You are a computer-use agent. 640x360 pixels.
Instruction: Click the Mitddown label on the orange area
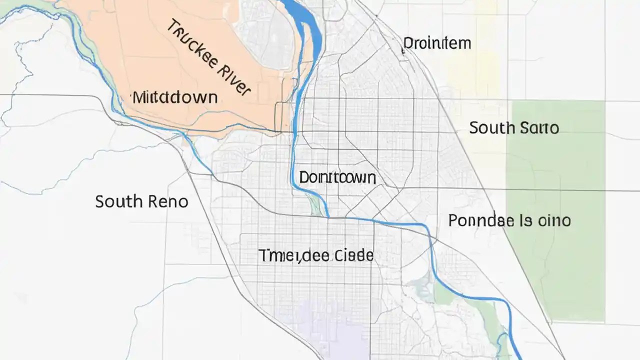coord(175,97)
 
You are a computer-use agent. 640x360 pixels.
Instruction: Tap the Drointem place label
coord(437,43)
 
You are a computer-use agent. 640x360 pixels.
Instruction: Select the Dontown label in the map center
coord(337,177)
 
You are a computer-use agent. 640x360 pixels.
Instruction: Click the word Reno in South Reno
coord(167,202)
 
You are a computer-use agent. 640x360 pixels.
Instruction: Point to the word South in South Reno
coord(118,202)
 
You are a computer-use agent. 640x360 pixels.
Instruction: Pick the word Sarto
coord(539,128)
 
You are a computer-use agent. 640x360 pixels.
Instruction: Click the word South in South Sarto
coord(491,128)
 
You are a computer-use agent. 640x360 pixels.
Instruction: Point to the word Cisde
coord(353,255)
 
